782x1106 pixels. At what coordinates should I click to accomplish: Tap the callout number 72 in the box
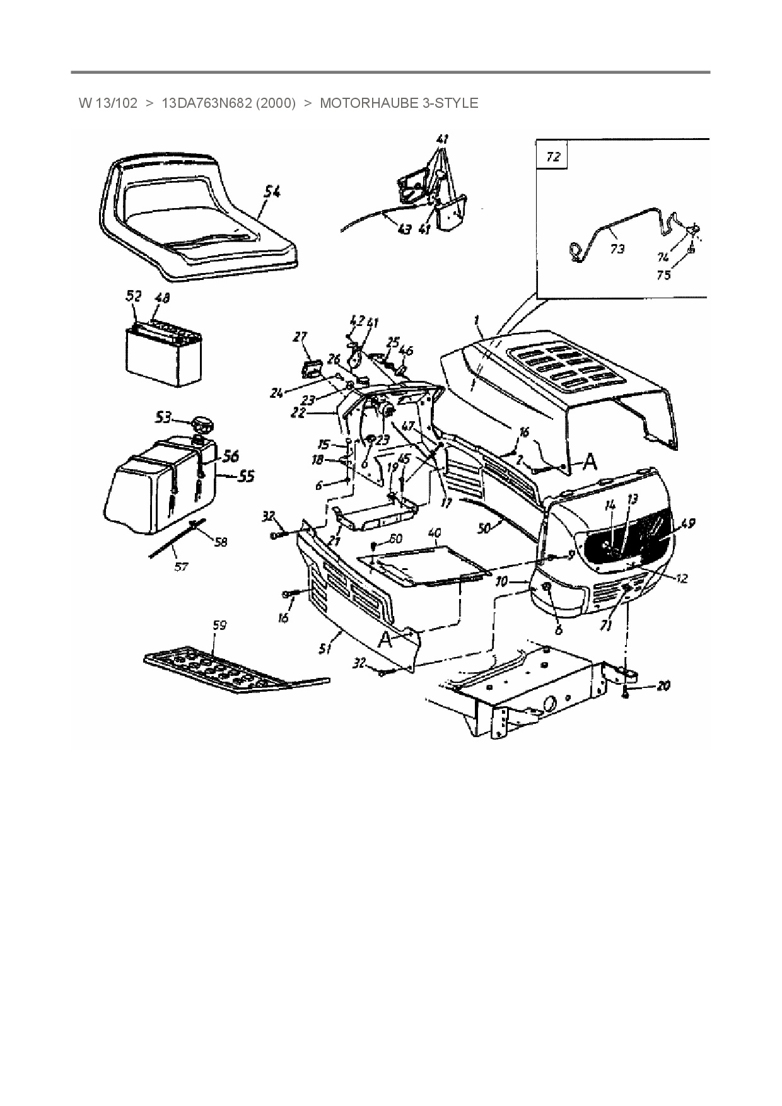click(552, 156)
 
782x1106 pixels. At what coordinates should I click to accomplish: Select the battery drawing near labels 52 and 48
click(164, 350)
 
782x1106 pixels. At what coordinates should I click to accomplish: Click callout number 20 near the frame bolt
click(663, 685)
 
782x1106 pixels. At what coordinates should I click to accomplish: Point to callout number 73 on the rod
click(617, 249)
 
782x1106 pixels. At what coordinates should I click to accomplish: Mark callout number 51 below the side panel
click(325, 648)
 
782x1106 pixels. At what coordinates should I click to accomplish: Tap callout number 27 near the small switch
click(300, 337)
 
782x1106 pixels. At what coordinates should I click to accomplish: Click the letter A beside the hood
click(589, 463)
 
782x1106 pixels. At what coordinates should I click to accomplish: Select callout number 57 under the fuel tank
click(181, 566)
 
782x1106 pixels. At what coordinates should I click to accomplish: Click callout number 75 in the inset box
click(663, 275)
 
